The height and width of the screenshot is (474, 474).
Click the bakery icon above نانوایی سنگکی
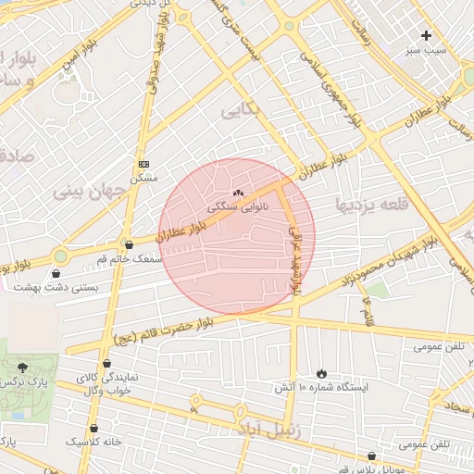point(239,193)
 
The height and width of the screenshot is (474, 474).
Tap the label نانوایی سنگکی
point(239,208)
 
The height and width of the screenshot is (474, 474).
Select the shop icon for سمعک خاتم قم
point(128,244)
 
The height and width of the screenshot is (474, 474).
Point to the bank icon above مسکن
point(143,163)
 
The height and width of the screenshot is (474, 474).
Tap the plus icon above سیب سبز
point(426,35)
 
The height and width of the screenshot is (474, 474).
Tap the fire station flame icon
point(321,372)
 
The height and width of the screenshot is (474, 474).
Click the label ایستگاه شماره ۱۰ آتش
point(320,387)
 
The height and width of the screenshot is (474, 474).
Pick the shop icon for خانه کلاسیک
point(94,429)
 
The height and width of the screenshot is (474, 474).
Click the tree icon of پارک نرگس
point(22,368)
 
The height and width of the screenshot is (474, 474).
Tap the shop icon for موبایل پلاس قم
point(371,455)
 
